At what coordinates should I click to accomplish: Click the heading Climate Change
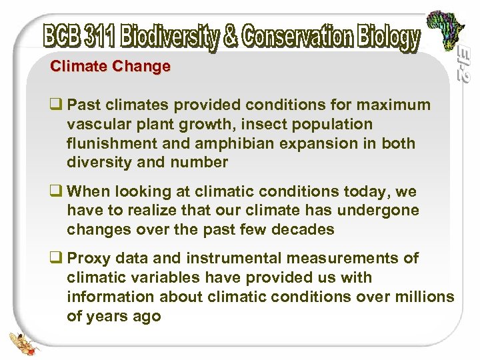[111, 67]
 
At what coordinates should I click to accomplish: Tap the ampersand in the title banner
[231, 37]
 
